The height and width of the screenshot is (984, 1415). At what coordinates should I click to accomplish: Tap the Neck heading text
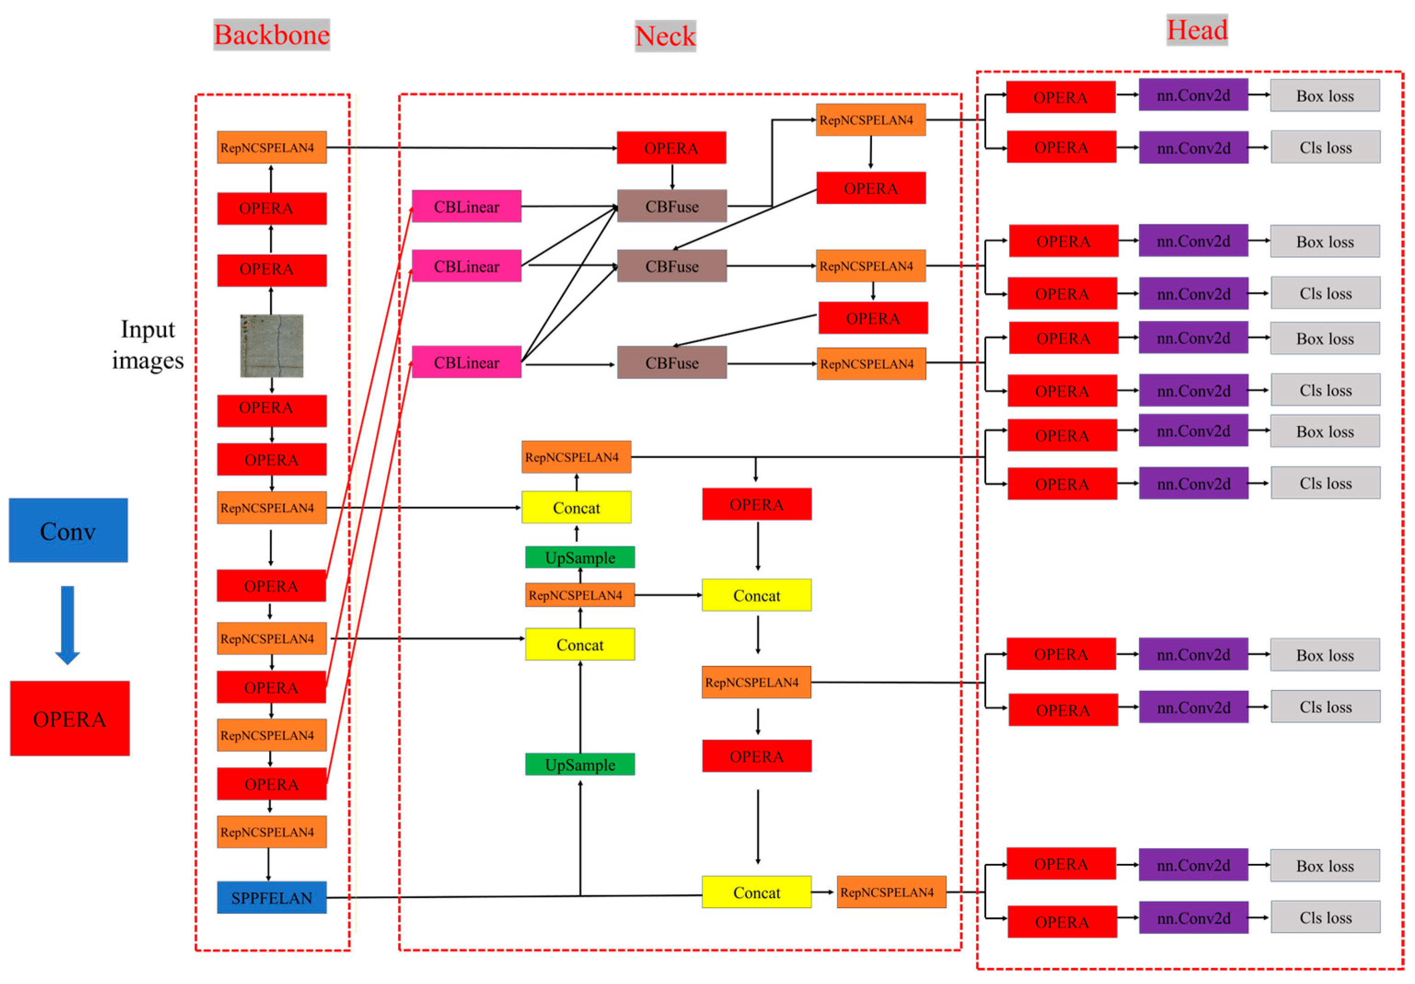click(x=665, y=36)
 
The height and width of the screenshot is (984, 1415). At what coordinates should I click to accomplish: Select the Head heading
click(x=1197, y=29)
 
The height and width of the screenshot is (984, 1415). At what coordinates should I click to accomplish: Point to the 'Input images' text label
click(x=148, y=345)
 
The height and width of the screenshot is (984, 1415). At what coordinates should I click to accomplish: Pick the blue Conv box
click(x=69, y=530)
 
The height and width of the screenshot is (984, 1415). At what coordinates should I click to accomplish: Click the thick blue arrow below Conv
click(x=68, y=623)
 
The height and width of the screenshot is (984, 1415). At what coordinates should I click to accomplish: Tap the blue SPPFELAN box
click(x=272, y=897)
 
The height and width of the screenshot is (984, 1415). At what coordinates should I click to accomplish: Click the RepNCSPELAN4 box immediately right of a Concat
click(x=891, y=892)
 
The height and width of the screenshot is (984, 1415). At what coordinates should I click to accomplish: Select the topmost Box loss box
click(x=1325, y=96)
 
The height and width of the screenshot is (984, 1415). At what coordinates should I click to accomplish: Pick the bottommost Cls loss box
click(x=1325, y=917)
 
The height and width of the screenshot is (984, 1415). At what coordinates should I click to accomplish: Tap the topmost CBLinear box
click(x=467, y=207)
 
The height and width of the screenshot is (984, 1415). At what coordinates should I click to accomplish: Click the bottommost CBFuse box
click(x=672, y=363)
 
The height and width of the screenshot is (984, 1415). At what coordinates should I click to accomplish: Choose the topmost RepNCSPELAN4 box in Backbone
click(x=272, y=147)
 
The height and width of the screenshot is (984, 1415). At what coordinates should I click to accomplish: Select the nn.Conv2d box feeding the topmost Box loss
click(x=1193, y=95)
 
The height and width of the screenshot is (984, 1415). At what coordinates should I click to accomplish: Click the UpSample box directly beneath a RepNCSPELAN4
click(x=580, y=557)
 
